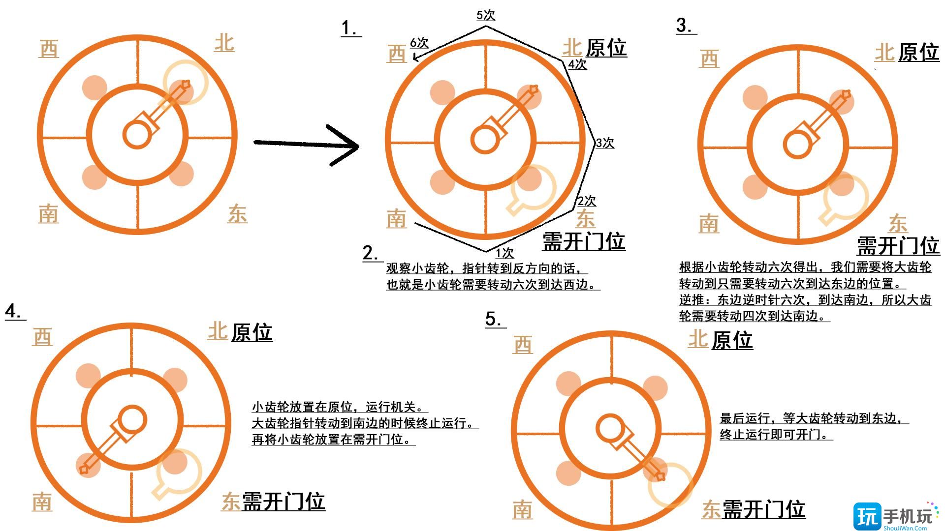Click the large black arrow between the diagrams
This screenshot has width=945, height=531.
306,144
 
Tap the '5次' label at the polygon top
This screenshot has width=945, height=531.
485,15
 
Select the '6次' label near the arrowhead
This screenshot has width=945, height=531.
419,43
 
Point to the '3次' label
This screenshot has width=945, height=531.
605,143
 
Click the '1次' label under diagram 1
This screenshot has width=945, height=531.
504,253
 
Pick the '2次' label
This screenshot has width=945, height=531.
586,201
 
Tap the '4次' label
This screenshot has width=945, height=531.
577,64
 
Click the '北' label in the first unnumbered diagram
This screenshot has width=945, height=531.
224,43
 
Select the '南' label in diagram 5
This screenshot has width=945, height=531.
522,509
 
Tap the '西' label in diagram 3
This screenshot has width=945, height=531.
709,59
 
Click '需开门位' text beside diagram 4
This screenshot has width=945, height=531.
283,501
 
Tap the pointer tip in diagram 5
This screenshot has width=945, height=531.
661,476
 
